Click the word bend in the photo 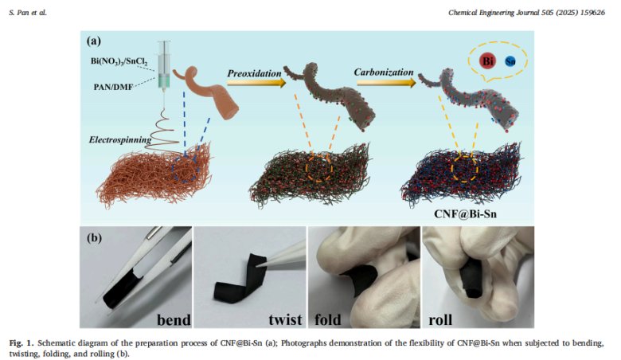171,319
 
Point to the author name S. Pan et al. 25,12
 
